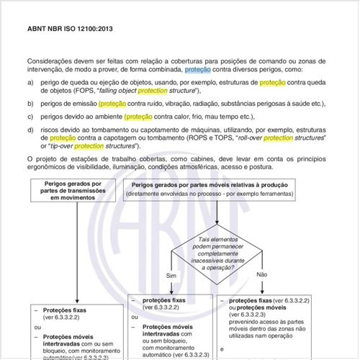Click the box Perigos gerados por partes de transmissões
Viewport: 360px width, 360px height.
pyautogui.click(x=76, y=190)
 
